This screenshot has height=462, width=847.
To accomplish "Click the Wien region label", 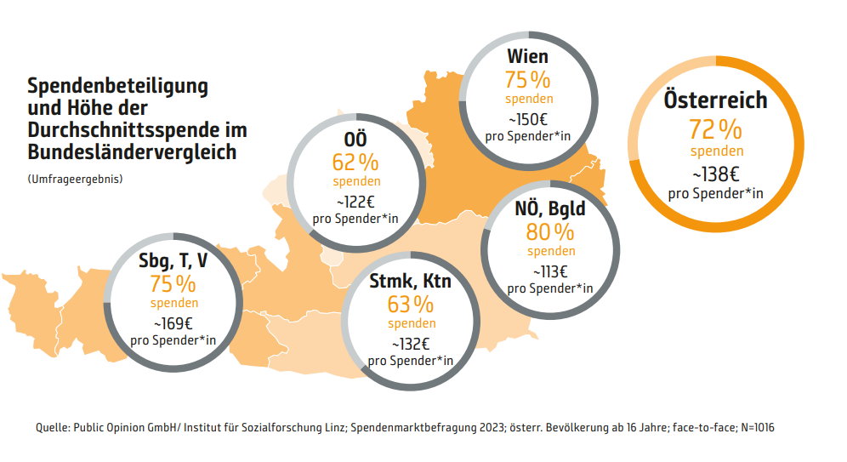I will [527, 57].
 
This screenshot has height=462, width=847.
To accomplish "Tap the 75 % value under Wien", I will [527, 81].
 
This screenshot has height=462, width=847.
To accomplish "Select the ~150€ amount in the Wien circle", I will [527, 120].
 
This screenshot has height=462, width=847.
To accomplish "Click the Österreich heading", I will [715, 100].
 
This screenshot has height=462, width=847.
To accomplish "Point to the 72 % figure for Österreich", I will [715, 129].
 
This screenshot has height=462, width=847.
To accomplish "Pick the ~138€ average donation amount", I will [715, 174].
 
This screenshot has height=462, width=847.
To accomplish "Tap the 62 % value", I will [355, 163].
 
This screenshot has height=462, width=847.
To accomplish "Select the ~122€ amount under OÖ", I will [355, 202].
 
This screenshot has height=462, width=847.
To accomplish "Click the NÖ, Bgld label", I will [550, 208].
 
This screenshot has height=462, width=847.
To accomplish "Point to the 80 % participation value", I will [550, 231].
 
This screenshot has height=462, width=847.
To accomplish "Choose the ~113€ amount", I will [550, 271].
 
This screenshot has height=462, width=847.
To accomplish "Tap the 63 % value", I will [411, 304].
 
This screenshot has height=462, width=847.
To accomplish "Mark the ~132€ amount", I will [411, 344].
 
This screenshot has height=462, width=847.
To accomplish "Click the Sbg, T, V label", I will [173, 260].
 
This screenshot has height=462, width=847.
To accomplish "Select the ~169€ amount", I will [173, 323].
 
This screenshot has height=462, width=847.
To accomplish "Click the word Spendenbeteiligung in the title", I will [118, 86].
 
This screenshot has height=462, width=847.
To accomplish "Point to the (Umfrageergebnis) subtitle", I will [75, 180].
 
